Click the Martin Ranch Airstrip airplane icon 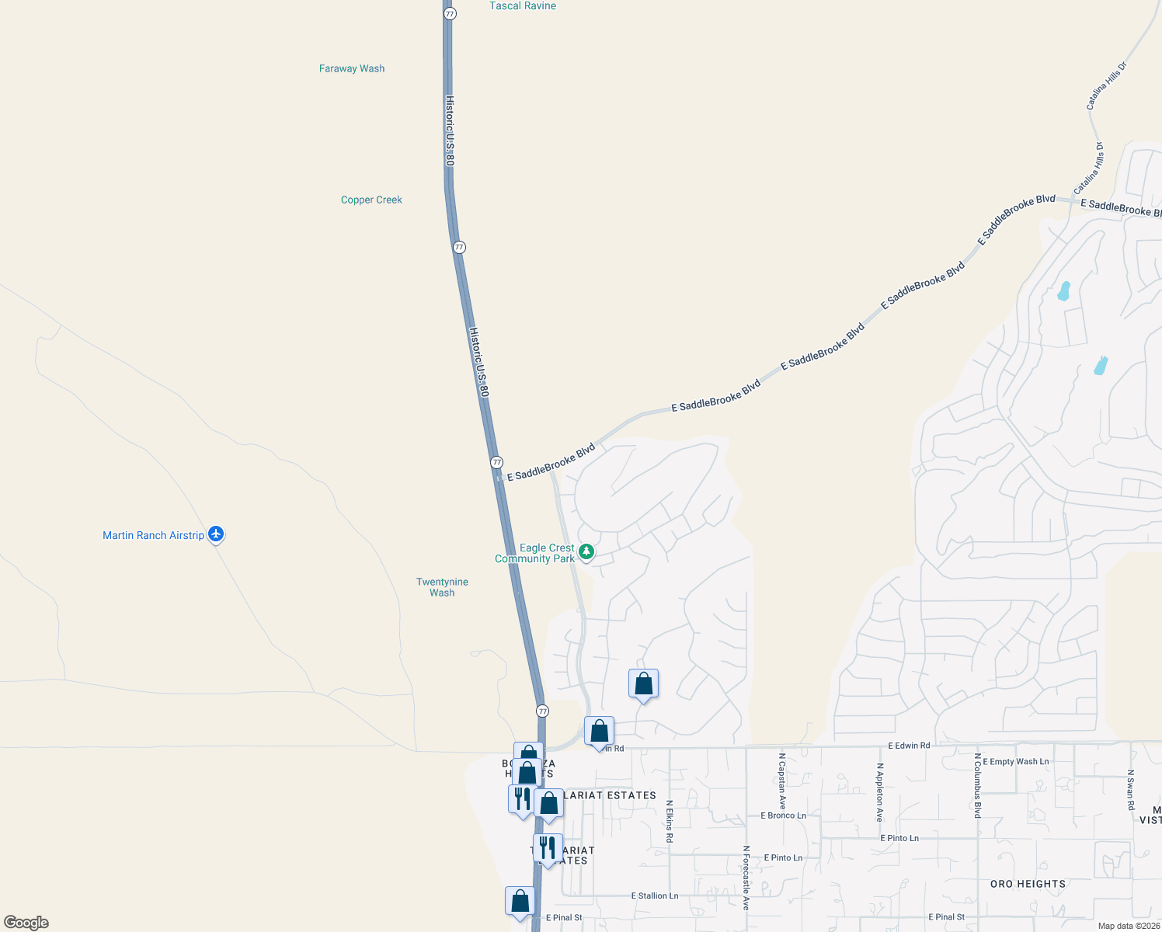[216, 534]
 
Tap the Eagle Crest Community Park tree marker [586, 551]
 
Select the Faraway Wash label [352, 68]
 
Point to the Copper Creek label [371, 200]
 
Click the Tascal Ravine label [523, 6]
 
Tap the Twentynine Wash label [442, 587]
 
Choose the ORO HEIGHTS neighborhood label [1028, 884]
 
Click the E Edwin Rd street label [909, 746]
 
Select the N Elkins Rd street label [669, 821]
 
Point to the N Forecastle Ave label [746, 878]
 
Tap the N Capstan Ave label [782, 781]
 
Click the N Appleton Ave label [879, 792]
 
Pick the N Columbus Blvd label [977, 785]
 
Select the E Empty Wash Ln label [1015, 762]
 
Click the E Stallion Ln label [654, 895]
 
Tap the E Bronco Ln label [783, 815]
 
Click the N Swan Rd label [1131, 790]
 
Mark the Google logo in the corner [26, 923]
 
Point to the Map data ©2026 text [1128, 926]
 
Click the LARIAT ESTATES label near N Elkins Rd [610, 795]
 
